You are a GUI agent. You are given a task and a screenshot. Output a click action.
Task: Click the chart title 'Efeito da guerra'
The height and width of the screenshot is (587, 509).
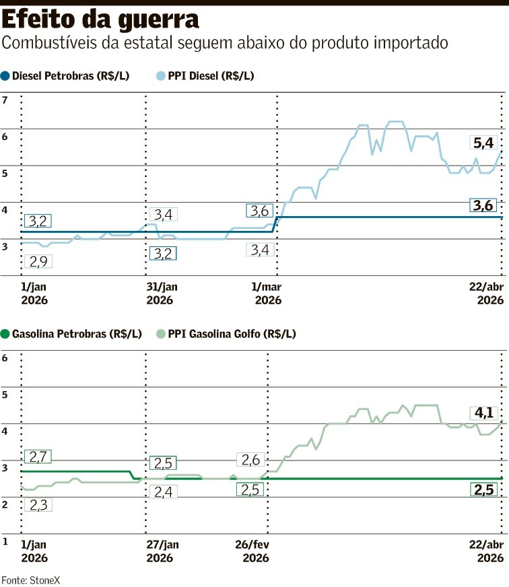pyautogui.click(x=101, y=19)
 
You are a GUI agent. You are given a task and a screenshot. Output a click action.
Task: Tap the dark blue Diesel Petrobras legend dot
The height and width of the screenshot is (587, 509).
pyautogui.click(x=6, y=76)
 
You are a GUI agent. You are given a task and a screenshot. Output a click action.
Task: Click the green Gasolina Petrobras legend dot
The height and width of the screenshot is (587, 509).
pyautogui.click(x=6, y=333)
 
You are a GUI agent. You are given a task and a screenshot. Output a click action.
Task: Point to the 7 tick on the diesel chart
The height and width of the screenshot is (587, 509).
pyautogui.click(x=5, y=100)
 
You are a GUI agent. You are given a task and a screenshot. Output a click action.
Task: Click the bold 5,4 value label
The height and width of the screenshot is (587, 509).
pyautogui.click(x=483, y=143)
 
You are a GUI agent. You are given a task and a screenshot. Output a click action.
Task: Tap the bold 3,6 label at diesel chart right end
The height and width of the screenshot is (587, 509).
pyautogui.click(x=483, y=206)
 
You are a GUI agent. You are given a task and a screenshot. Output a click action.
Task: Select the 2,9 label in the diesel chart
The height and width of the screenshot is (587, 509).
pyautogui.click(x=38, y=261)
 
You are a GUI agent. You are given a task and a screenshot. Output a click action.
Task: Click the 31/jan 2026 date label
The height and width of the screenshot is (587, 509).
pyautogui.click(x=164, y=292)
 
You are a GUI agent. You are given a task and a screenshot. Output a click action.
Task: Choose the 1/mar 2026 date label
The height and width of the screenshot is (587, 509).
pyautogui.click(x=267, y=292)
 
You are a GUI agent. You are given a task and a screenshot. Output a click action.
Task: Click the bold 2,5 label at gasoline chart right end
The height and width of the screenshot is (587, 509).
pyautogui.click(x=483, y=489)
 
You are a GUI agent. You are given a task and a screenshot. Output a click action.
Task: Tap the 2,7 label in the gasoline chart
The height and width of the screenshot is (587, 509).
pyautogui.click(x=38, y=457)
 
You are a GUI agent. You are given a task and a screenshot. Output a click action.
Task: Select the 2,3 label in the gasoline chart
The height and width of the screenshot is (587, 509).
pyautogui.click(x=38, y=504)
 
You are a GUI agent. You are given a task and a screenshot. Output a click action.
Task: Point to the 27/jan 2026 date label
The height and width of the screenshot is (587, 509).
pyautogui.click(x=164, y=551)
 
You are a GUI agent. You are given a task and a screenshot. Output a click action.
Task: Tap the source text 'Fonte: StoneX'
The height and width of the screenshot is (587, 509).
pyautogui.click(x=25, y=579)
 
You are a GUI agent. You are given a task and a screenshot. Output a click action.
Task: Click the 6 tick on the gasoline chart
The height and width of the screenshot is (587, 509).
pyautogui.click(x=5, y=358)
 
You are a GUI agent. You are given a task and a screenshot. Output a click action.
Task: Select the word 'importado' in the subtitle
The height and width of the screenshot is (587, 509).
pyautogui.click(x=417, y=44)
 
